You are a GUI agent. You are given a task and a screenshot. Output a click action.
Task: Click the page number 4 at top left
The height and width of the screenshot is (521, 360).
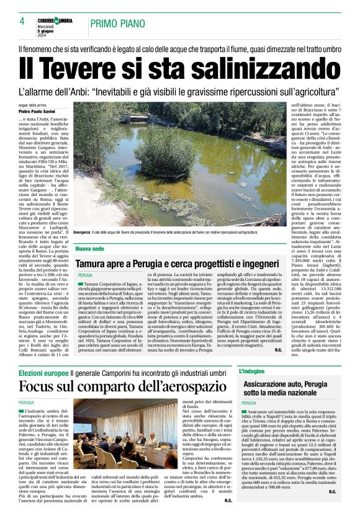click(x=22, y=20)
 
